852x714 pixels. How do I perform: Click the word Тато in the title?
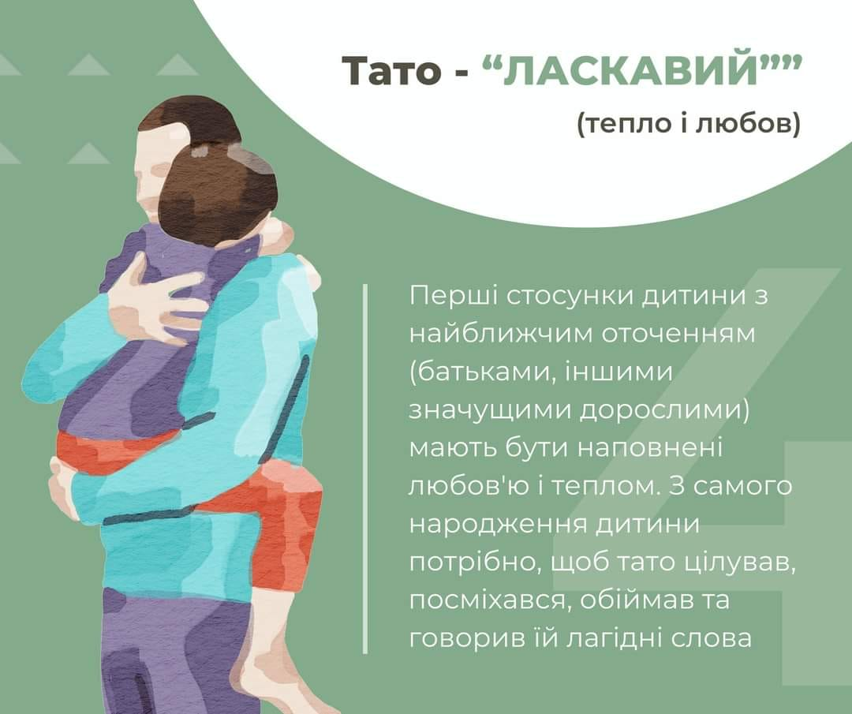tap(391, 71)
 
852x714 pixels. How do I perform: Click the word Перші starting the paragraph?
tap(452, 297)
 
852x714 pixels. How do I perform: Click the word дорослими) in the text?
tap(663, 411)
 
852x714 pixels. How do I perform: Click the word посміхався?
tap(489, 601)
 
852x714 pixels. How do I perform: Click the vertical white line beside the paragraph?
tap(365, 469)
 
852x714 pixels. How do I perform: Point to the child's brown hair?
tap(218, 190)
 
